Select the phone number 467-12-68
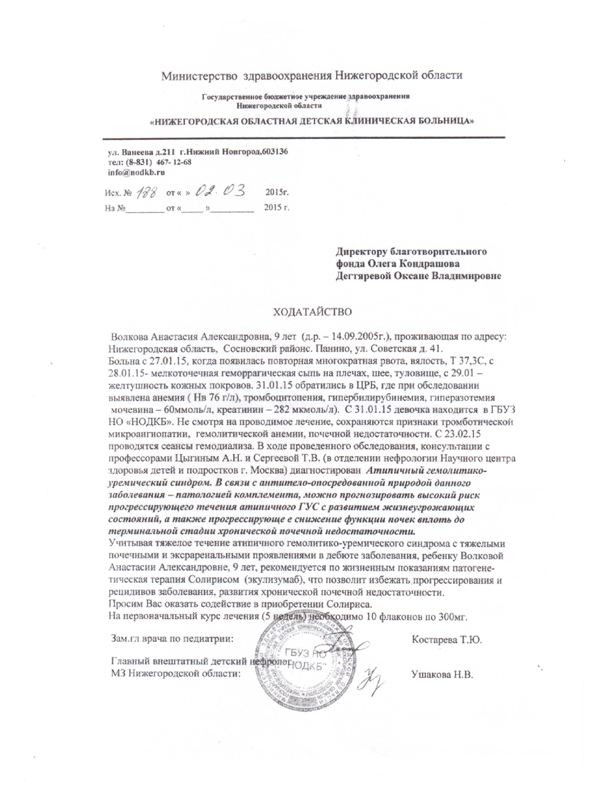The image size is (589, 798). [x=174, y=162]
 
